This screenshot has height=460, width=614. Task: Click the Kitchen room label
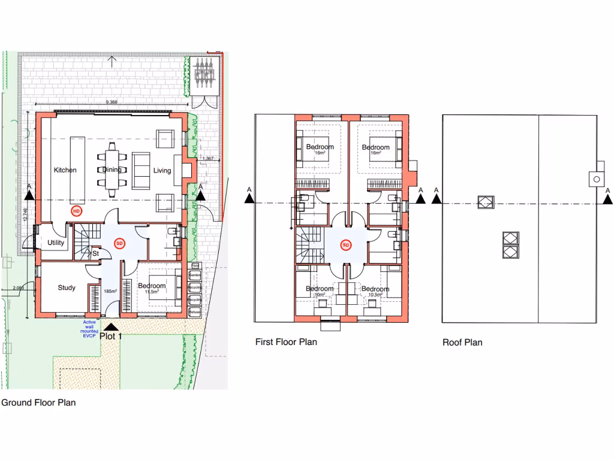point(65,170)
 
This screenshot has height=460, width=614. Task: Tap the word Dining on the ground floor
point(112,170)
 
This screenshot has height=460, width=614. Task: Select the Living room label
point(162,171)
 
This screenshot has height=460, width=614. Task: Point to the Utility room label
point(56,243)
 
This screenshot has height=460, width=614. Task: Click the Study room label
point(67,287)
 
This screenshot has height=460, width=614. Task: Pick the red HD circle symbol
point(76,211)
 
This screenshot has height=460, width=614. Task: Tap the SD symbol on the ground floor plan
point(119,243)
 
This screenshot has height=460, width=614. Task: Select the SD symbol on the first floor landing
point(345,245)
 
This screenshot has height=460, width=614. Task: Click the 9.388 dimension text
point(112,102)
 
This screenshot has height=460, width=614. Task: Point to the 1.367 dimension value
point(208,158)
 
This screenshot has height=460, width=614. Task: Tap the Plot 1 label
point(112,337)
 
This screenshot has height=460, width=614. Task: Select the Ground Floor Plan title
point(38,402)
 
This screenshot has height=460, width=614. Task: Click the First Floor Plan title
point(286,342)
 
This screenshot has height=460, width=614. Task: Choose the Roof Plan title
point(462,343)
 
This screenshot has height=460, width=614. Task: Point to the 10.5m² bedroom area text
point(375,295)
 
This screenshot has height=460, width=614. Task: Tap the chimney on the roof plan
point(597,178)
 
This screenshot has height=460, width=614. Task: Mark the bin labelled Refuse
point(194,312)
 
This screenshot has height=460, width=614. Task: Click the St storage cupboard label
point(95,253)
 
